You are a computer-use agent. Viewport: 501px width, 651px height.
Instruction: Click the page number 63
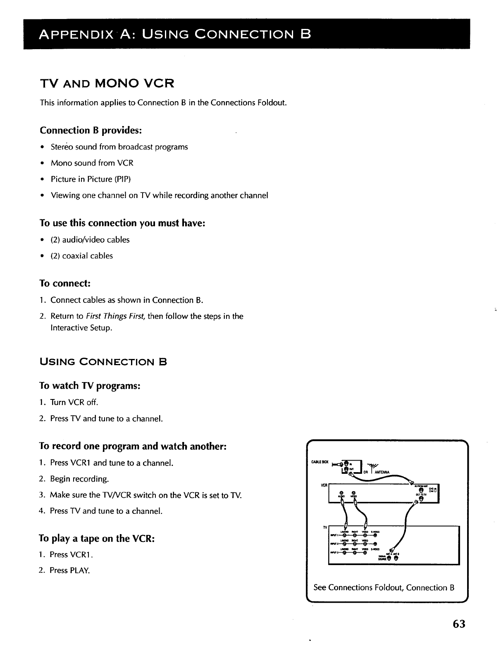458,624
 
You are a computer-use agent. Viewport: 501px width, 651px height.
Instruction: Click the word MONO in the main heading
121,84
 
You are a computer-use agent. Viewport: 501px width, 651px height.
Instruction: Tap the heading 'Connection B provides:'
91,131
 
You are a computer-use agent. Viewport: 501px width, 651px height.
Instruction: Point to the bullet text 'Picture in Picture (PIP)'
91,179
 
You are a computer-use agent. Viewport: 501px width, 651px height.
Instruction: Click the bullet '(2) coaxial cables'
81,256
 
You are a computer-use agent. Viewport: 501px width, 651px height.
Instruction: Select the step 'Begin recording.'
79,479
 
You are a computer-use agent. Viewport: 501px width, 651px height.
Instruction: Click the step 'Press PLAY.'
69,570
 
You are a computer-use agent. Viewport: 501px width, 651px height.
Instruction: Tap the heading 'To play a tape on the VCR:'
97,539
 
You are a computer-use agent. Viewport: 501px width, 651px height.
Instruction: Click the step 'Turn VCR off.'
74,402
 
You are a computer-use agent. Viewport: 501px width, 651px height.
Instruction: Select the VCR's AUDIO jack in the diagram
341,493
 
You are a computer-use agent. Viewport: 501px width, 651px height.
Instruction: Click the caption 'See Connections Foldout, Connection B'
384,587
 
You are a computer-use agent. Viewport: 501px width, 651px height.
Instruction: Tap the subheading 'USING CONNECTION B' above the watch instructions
103,363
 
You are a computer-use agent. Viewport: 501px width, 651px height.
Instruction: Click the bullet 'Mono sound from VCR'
92,163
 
